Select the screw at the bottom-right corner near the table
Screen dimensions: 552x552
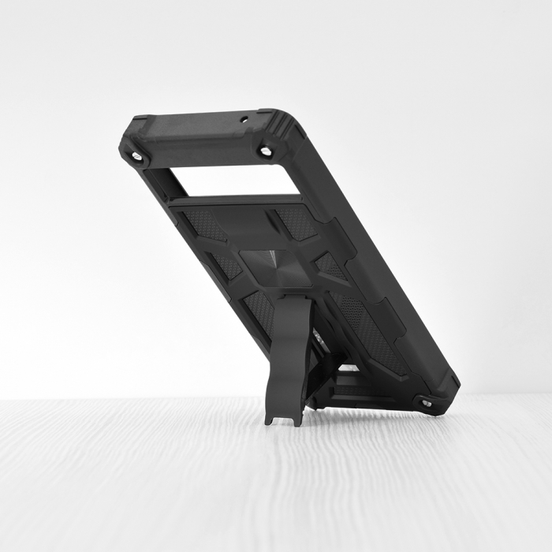427,403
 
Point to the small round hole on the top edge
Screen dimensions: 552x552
244,120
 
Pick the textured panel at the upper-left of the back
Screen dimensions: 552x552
203,226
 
